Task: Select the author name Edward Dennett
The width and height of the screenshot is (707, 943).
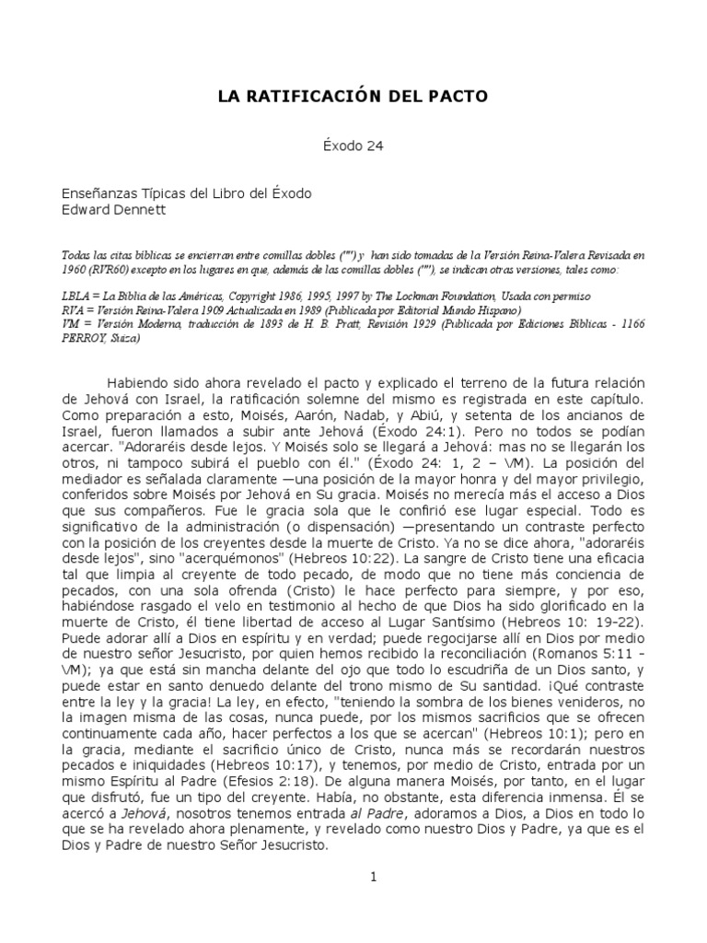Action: (x=113, y=211)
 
